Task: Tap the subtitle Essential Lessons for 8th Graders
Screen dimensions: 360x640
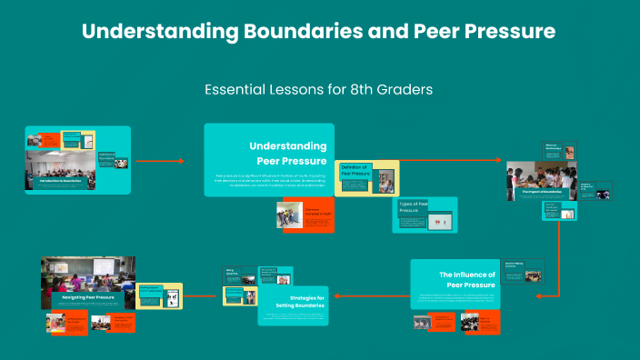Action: point(318,90)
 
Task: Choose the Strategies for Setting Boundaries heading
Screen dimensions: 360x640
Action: point(301,302)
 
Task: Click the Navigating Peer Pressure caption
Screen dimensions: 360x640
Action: point(87,297)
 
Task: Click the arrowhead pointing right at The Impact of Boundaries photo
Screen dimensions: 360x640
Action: point(502,161)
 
